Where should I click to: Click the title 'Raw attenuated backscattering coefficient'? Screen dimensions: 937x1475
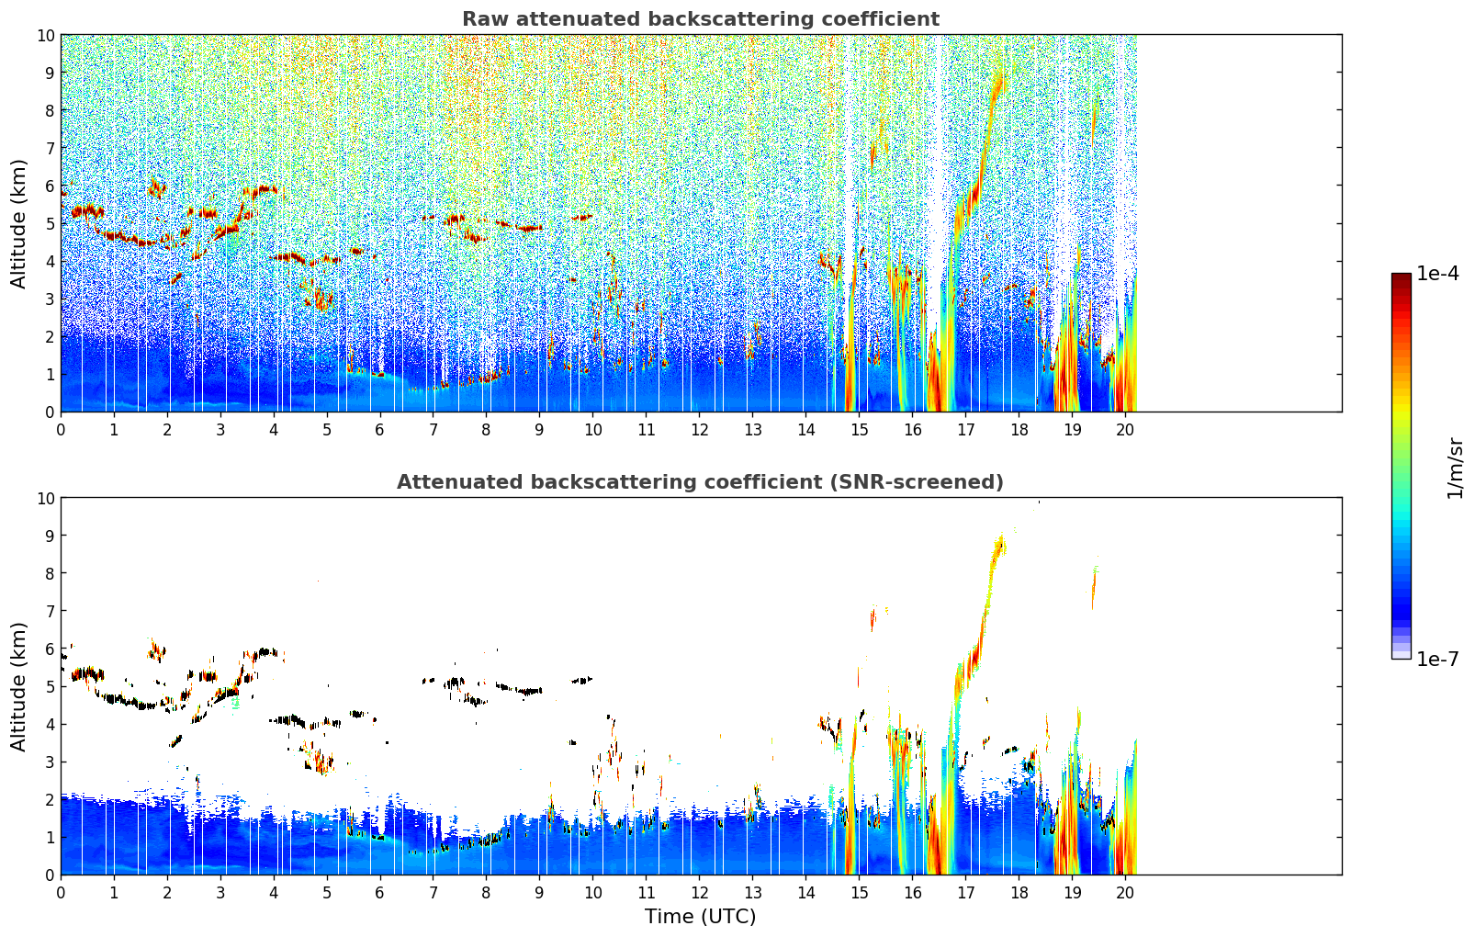click(700, 19)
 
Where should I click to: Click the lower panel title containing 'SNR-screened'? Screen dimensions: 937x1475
click(700, 482)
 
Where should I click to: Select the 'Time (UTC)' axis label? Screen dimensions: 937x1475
click(700, 916)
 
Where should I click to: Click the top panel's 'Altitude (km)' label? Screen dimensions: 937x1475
click(19, 223)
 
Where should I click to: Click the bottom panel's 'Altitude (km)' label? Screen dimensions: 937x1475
click(19, 686)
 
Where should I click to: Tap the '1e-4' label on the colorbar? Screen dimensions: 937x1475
click(1437, 275)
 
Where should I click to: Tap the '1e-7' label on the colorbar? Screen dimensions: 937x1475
click(1437, 659)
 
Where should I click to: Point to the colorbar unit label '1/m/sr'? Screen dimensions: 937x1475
click(1454, 468)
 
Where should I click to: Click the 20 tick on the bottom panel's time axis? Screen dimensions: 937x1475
click(1124, 892)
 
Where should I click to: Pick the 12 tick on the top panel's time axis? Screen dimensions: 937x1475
click(700, 429)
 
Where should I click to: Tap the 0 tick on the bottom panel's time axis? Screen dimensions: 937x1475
click(61, 892)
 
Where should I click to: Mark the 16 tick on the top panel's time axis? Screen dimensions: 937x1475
click(912, 429)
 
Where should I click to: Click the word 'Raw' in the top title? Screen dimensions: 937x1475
click(479, 19)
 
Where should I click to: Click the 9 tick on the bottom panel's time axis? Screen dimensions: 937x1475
click(539, 892)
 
